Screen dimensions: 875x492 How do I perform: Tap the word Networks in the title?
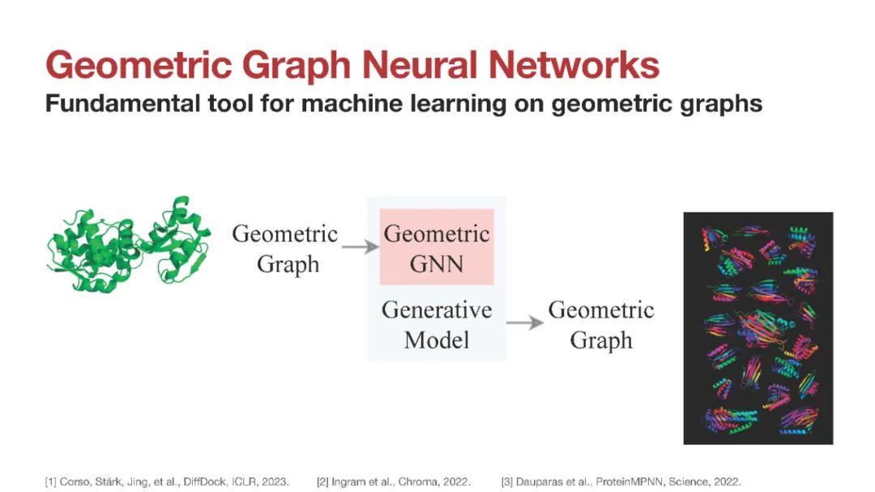point(574,65)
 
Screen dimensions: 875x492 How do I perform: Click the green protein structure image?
point(129,245)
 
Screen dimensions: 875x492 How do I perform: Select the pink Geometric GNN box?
point(437,247)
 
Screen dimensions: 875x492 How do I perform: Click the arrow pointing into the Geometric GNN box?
point(360,246)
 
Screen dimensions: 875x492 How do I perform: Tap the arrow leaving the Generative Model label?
point(524,323)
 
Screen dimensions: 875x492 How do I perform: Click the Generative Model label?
point(437,324)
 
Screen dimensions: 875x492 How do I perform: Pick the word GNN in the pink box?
point(437,263)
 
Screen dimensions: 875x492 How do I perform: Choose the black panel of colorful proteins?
point(758,328)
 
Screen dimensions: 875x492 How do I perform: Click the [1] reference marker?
point(51,481)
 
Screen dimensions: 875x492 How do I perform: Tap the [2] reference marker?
point(322,481)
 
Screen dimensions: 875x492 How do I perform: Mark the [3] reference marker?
point(507,481)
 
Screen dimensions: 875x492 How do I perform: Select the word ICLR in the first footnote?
point(245,481)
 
